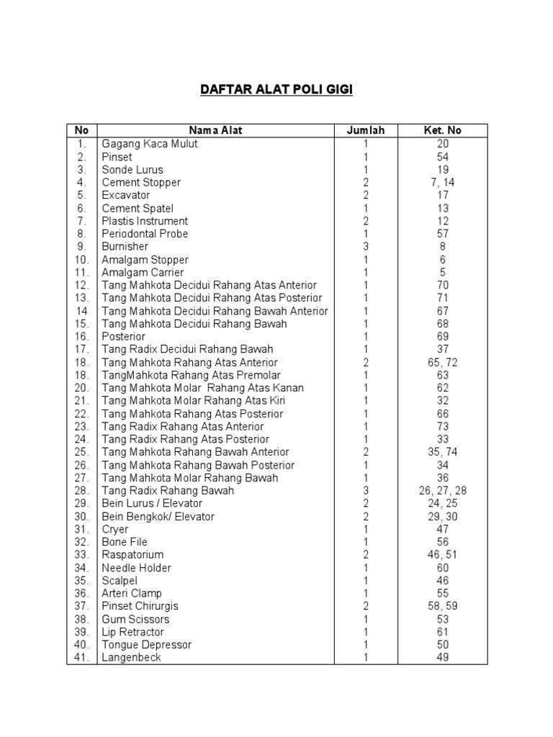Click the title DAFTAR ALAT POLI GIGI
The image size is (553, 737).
pyautogui.click(x=276, y=90)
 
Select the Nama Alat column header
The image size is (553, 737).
pyautogui.click(x=215, y=131)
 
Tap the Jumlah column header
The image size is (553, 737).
pyautogui.click(x=366, y=131)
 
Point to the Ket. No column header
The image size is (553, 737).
pyautogui.click(x=443, y=131)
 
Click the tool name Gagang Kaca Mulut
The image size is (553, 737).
pyautogui.click(x=150, y=144)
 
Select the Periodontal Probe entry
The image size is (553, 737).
pyautogui.click(x=145, y=234)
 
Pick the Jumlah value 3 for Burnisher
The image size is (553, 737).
pyautogui.click(x=366, y=247)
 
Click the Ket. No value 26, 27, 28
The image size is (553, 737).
pyautogui.click(x=443, y=491)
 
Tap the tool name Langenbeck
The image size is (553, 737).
pyautogui.click(x=132, y=658)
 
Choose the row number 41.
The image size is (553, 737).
pyautogui.click(x=81, y=658)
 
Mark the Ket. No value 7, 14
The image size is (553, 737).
pyautogui.click(x=443, y=183)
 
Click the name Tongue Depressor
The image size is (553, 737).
pyautogui.click(x=147, y=645)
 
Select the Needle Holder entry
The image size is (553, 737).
pyautogui.click(x=137, y=568)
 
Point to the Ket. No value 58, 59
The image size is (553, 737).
pyautogui.click(x=443, y=606)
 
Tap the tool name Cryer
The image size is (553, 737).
pyautogui.click(x=115, y=529)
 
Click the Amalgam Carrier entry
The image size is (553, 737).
pyautogui.click(x=143, y=273)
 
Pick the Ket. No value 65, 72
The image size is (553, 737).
pyautogui.click(x=443, y=363)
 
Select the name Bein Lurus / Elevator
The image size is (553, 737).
pyautogui.click(x=152, y=504)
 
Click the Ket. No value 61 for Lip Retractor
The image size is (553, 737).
pyautogui.click(x=443, y=632)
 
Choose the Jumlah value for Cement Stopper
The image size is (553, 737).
pyautogui.click(x=366, y=183)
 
